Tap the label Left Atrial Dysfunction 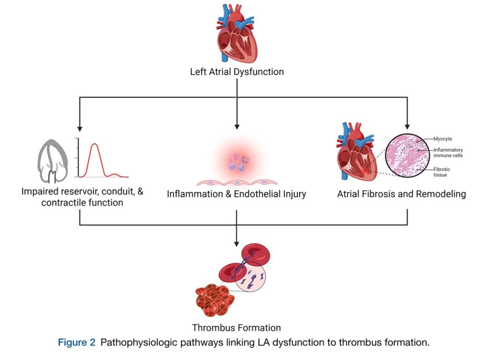(237, 72)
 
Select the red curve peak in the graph (95, 145)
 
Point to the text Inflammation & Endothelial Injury (236, 194)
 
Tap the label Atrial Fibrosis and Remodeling (401, 194)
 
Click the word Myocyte (443, 139)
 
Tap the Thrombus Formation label (236, 327)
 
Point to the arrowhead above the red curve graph (79, 128)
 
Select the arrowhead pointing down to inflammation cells (237, 126)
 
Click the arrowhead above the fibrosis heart (408, 125)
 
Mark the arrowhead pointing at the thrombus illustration (237, 243)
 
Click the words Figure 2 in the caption (76, 342)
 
